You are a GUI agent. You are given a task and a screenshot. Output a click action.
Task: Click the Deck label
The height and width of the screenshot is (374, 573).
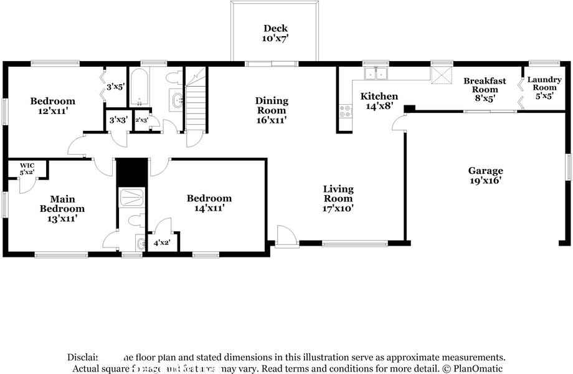point(275,33)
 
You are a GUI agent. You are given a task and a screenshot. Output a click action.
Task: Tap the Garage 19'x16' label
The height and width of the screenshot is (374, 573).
point(486,176)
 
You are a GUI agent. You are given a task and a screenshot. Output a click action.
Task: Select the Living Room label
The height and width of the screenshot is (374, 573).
point(338,198)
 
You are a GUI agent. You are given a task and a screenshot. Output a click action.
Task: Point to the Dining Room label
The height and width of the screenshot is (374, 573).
point(272,110)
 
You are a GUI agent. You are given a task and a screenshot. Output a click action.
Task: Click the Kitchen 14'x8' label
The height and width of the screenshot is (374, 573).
point(379,101)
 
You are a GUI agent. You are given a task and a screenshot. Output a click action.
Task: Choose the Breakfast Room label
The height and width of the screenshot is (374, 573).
point(485,89)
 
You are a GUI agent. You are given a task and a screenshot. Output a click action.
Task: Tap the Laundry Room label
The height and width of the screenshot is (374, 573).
point(544,88)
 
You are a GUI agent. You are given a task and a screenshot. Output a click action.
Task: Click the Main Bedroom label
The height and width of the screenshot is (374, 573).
point(62,209)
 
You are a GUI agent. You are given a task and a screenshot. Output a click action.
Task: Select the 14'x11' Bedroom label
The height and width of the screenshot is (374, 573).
point(209,203)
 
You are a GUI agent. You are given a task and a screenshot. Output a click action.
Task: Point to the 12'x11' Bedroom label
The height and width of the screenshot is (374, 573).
point(53,105)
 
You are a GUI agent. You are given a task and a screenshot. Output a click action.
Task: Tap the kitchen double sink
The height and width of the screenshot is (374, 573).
point(376,74)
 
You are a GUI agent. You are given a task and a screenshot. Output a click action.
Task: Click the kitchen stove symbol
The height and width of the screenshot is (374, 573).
point(344,112)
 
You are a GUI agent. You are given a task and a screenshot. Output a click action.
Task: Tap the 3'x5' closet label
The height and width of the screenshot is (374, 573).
point(116,87)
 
